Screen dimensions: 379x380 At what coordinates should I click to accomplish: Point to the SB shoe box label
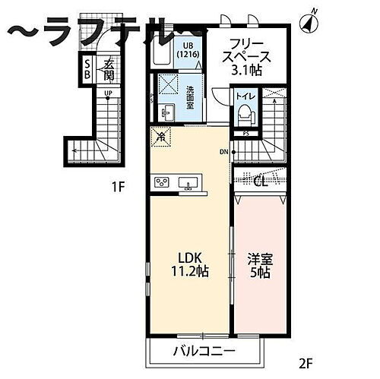pos(87,69)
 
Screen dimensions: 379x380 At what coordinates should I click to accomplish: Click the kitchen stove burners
pos(163,182)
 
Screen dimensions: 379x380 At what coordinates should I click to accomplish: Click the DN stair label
pos(223,152)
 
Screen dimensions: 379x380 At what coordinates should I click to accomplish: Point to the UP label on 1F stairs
pos(108,95)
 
